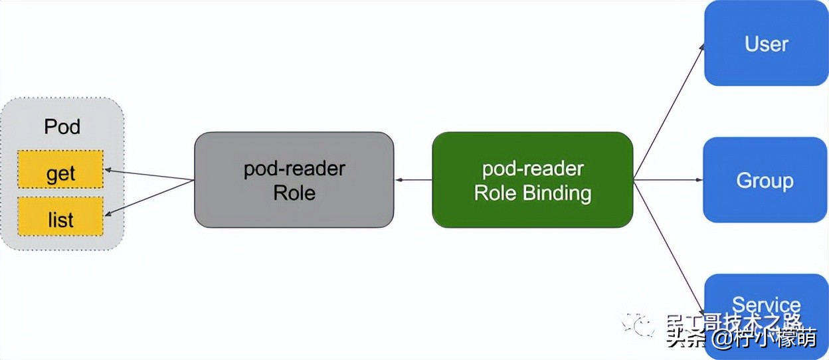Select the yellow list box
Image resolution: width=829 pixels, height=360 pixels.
point(60,216)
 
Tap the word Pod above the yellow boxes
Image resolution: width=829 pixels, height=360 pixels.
point(62,126)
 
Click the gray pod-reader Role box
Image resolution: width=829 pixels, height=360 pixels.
point(294,180)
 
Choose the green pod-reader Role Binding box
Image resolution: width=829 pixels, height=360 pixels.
point(532,180)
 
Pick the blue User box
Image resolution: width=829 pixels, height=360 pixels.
point(765,43)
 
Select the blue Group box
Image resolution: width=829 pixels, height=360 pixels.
point(765,180)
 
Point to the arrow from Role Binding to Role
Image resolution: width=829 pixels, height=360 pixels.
point(413,179)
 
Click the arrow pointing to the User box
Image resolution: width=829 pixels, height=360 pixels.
point(670,110)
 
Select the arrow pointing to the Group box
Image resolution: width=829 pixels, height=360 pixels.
point(668,179)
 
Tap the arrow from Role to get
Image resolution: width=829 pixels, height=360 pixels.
point(149,174)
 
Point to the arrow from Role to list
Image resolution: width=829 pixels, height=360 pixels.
point(149,197)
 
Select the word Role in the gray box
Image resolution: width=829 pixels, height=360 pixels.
point(294,193)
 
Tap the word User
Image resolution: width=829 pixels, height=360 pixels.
point(767,44)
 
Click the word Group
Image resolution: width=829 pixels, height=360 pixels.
point(765,181)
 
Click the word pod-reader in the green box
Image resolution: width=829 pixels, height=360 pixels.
point(533,169)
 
